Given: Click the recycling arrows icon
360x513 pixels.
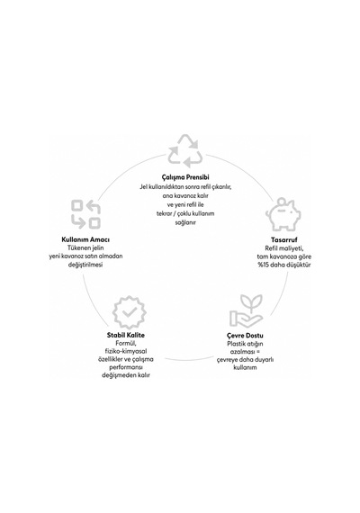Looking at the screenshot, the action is [x=185, y=151].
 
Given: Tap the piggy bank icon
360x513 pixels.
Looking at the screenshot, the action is [x=283, y=214].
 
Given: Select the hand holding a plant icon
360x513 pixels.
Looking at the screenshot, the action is [x=246, y=310].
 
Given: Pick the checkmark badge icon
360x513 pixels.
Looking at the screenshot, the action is [x=130, y=312].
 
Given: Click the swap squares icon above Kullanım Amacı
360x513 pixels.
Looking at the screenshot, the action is [x=85, y=214].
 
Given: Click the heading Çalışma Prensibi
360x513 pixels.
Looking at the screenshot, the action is [x=185, y=177].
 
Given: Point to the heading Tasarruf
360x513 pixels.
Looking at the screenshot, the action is [x=284, y=239].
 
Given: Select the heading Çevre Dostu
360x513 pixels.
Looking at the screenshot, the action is [x=245, y=336].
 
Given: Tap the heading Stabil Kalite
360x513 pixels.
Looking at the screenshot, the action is [x=126, y=335].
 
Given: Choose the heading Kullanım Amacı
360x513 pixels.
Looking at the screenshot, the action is [x=85, y=239].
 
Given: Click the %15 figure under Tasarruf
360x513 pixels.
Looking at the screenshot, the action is [x=264, y=265].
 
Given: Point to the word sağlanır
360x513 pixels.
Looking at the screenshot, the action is [x=185, y=223].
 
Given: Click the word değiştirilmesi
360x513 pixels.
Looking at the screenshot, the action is [x=85, y=265].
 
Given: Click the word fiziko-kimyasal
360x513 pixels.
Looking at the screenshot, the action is [x=126, y=351].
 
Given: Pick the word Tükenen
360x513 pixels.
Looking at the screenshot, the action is [x=77, y=248].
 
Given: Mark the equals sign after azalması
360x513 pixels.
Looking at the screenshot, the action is [x=257, y=352].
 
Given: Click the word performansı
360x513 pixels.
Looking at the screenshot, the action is [x=126, y=367].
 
